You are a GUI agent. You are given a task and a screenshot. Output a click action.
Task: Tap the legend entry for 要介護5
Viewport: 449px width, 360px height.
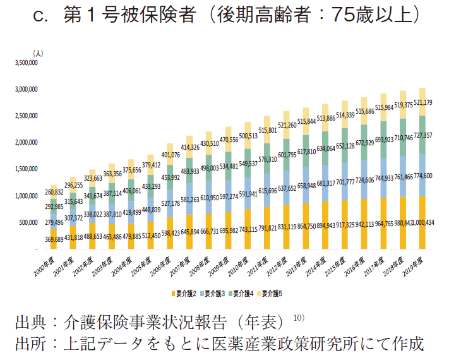pyautogui.click(x=275, y=294)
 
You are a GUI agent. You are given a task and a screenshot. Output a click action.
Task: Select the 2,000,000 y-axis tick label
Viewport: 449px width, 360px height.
pyautogui.click(x=27, y=143)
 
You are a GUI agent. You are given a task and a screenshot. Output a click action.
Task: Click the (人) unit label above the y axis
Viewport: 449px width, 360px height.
pyautogui.click(x=39, y=54)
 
